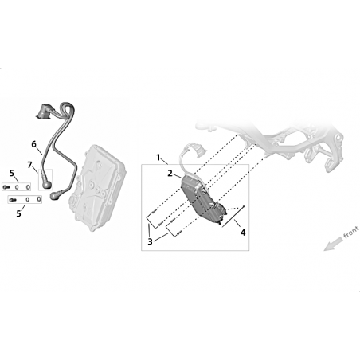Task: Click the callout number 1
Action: (158, 158)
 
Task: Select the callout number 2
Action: (170, 174)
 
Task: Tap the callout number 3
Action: (150, 241)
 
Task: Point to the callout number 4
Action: (243, 233)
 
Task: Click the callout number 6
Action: (33, 144)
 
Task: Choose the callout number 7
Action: (29, 165)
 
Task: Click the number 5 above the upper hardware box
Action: (12, 174)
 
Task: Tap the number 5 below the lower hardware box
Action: (18, 213)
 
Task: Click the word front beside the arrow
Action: (351, 233)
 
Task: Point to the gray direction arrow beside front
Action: (334, 244)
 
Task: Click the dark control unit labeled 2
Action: (203, 201)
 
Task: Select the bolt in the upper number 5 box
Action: (6, 187)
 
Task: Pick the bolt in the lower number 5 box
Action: (13, 199)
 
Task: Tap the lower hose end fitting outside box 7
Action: (57, 194)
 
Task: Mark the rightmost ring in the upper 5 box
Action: (28, 187)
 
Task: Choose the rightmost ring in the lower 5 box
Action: (39, 199)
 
